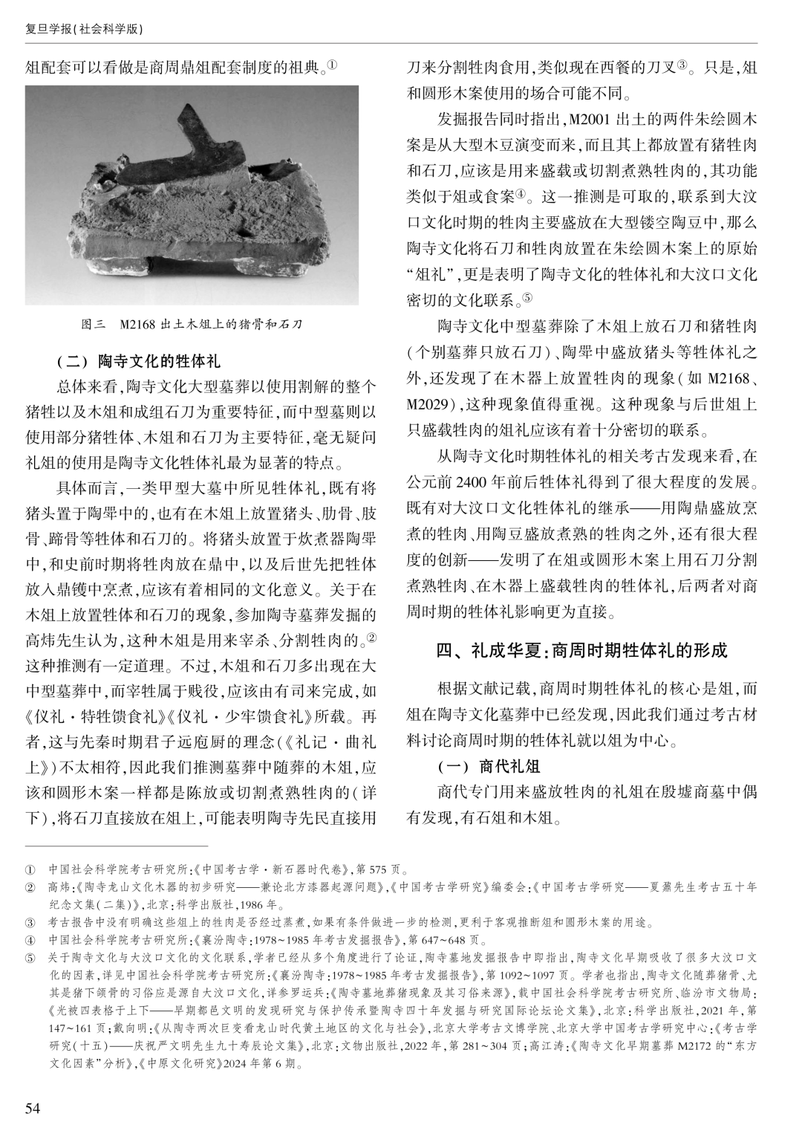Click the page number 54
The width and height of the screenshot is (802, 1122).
click(32, 1108)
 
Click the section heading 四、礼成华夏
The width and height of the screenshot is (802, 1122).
click(581, 651)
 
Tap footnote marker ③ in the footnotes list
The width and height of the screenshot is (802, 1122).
click(31, 924)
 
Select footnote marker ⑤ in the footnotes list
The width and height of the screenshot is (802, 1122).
click(31, 956)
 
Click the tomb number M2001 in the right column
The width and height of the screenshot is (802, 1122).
click(587, 119)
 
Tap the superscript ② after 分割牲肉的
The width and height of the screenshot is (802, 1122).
click(372, 638)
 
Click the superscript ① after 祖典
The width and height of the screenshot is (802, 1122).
click(333, 66)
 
